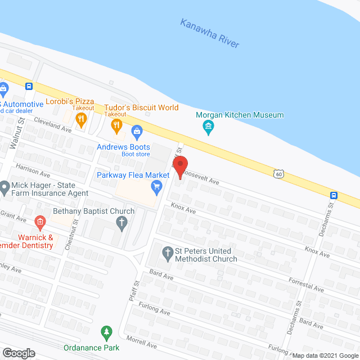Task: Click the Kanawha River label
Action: click(210, 33)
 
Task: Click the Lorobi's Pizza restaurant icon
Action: click(81, 118)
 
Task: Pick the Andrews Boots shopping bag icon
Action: click(136, 133)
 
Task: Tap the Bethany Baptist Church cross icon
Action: click(121, 222)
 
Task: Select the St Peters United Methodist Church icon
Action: click(168, 253)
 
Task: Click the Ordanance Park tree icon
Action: click(105, 332)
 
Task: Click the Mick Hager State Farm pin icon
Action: click(4, 186)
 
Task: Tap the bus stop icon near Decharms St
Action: click(334, 195)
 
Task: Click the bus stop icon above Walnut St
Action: click(29, 87)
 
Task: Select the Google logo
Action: click(18, 353)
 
